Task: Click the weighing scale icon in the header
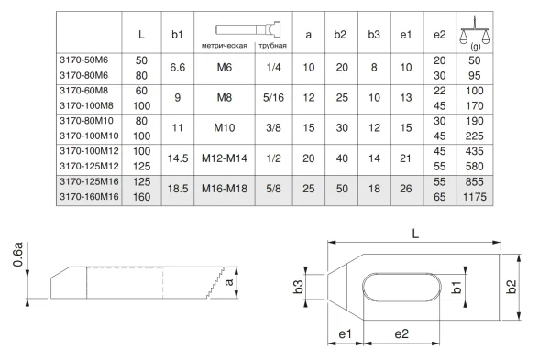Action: [474, 32]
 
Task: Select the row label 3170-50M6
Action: [83, 60]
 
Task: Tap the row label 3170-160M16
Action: [89, 197]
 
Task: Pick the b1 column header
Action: [177, 35]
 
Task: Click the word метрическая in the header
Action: [225, 46]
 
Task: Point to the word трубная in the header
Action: [272, 46]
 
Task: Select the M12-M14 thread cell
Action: [225, 158]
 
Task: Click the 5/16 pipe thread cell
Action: [273, 97]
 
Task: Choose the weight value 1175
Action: [474, 197]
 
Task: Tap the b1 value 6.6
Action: [177, 67]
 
